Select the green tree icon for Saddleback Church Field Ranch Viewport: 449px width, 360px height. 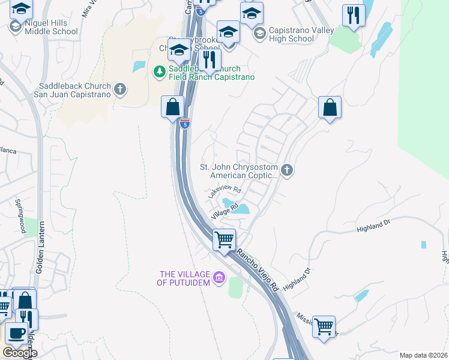coord(159,71)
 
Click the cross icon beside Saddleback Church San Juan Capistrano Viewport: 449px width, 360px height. coord(120,90)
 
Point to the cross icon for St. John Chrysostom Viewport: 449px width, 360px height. coord(287,171)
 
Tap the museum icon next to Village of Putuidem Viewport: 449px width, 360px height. coord(219,277)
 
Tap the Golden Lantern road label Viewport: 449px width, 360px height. coord(40,253)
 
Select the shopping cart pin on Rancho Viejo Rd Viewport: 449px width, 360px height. coord(224,239)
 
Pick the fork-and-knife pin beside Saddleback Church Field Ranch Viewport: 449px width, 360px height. coord(209,59)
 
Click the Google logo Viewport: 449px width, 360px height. coord(19,353)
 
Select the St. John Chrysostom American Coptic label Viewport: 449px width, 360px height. coord(244,171)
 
